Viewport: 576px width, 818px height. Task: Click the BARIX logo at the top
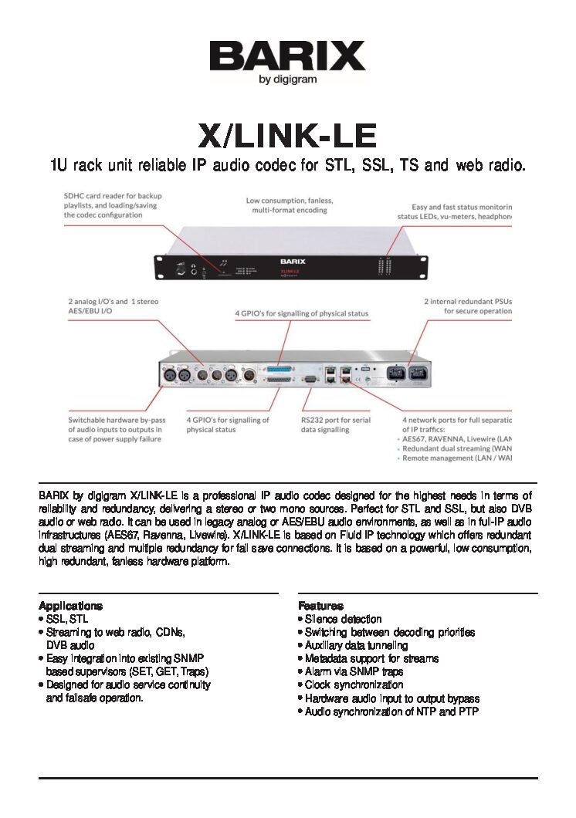[x=287, y=56]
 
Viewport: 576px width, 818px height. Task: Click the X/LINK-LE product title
[x=287, y=137]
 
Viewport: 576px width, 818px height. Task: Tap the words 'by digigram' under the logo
[x=287, y=79]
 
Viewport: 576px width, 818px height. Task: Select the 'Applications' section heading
[x=70, y=606]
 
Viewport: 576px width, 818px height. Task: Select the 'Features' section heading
[x=320, y=606]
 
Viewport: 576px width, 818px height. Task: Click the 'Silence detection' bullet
[x=343, y=619]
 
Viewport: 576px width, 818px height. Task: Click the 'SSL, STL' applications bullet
[x=67, y=619]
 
